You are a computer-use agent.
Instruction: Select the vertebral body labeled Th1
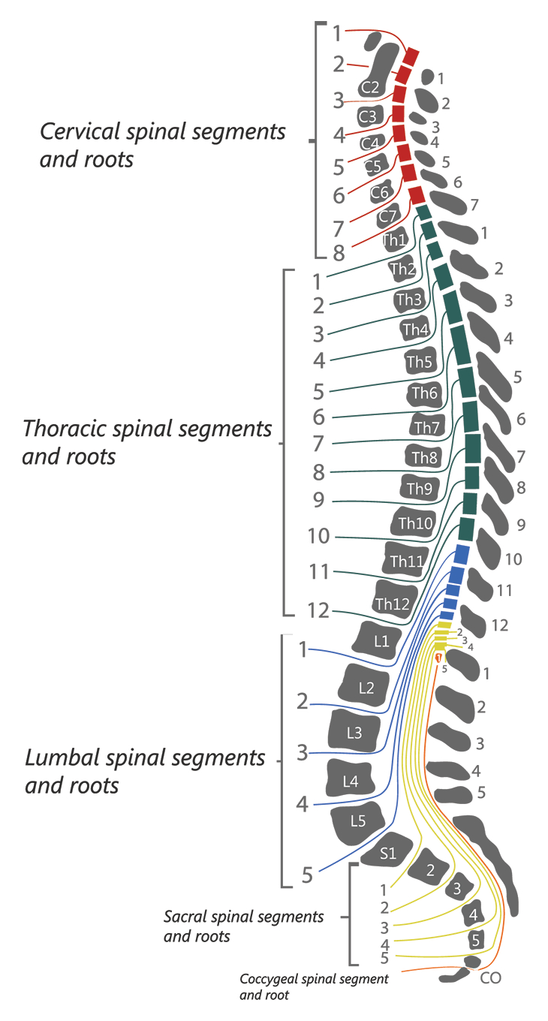pos(395,239)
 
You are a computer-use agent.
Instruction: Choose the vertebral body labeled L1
pos(377,640)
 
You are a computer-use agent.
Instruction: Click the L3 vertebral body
pos(354,732)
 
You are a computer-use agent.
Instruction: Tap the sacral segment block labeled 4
pos(474,914)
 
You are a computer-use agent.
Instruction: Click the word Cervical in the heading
pos(80,131)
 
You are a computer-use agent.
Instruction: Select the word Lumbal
pos(63,758)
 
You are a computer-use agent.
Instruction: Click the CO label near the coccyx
pos(490,978)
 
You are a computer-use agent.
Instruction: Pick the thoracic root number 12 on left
pos(318,610)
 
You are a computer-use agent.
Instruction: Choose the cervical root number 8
pos(339,254)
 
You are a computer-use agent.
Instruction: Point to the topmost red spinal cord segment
pos(411,57)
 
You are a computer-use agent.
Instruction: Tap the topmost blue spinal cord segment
pos(461,554)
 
